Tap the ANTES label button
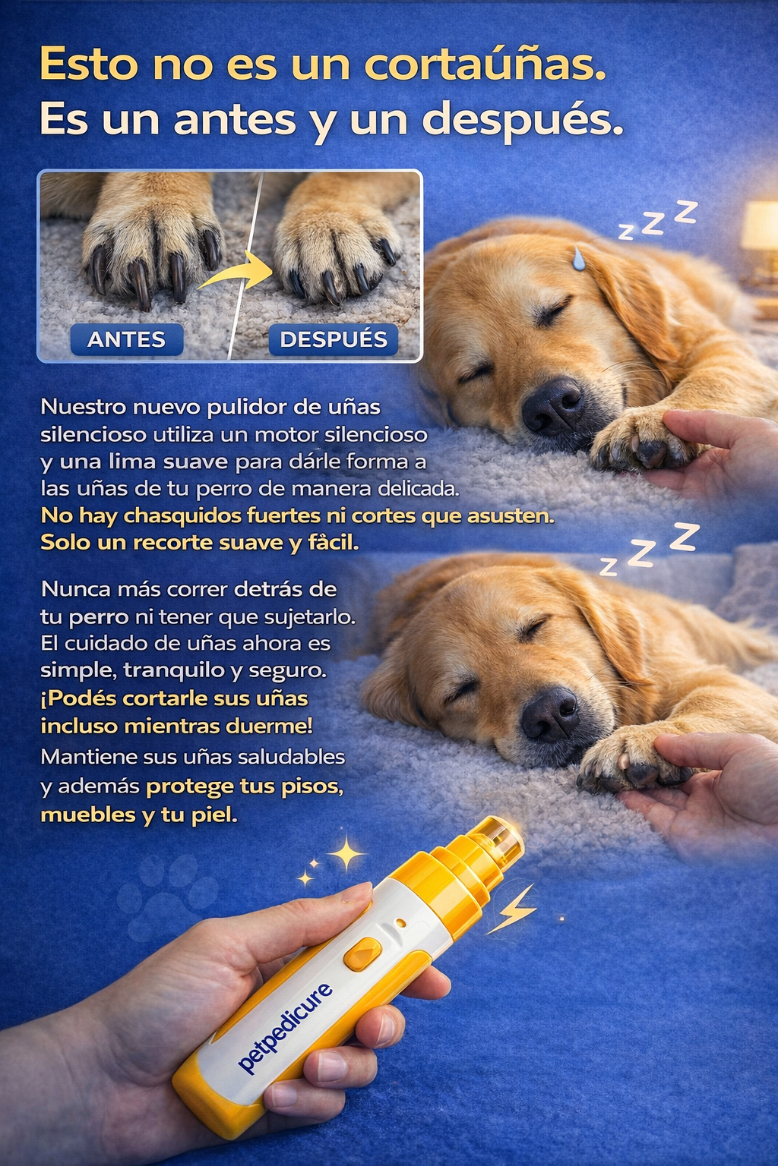coord(127,339)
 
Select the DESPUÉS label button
coord(334,339)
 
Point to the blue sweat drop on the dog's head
coord(579,259)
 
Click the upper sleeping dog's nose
coord(553,407)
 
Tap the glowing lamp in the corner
coord(761,227)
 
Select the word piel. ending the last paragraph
coord(214,815)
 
